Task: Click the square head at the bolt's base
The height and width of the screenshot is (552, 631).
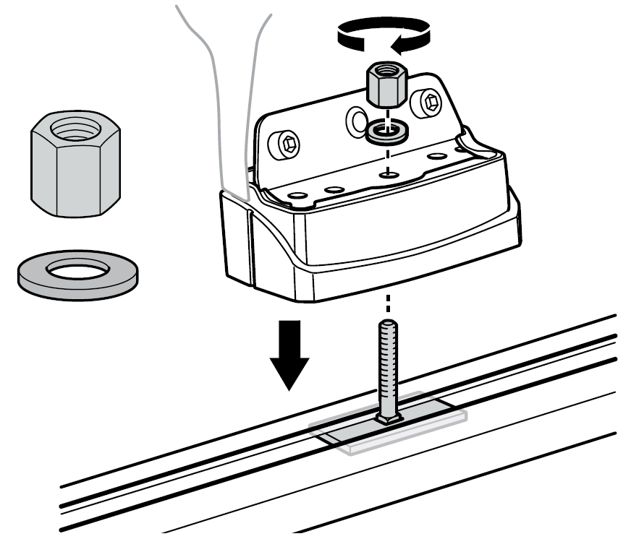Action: [x=389, y=418]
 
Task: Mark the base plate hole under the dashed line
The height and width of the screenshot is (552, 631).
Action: [x=390, y=173]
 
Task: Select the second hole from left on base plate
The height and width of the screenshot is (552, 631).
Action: [x=333, y=189]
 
